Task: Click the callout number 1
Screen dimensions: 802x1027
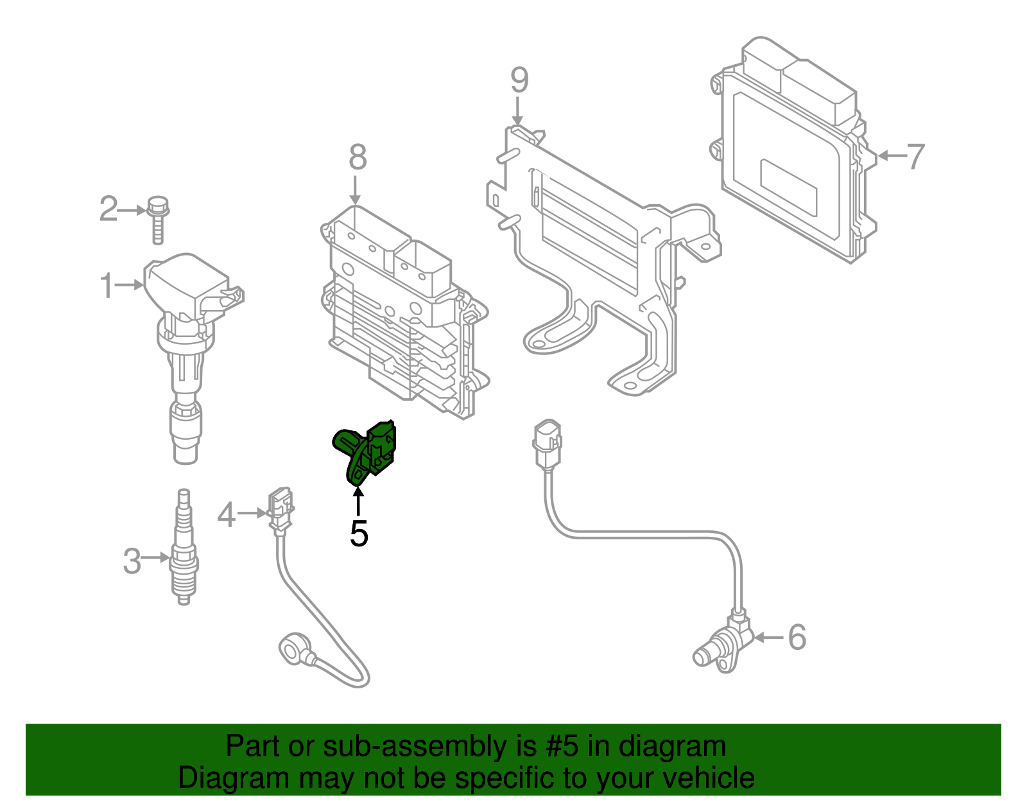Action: point(107,286)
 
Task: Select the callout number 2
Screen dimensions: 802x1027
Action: point(108,209)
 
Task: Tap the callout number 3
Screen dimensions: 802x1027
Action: point(132,561)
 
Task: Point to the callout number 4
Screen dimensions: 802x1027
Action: point(226,515)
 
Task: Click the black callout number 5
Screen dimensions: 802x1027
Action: point(359,534)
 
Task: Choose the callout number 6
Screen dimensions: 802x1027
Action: point(796,637)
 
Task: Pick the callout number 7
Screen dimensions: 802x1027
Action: point(914,156)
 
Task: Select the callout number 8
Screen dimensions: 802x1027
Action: point(358,157)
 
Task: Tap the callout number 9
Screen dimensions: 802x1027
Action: point(519,80)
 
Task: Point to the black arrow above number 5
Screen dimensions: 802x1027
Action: point(358,501)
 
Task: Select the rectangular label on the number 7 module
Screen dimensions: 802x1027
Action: point(788,186)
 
